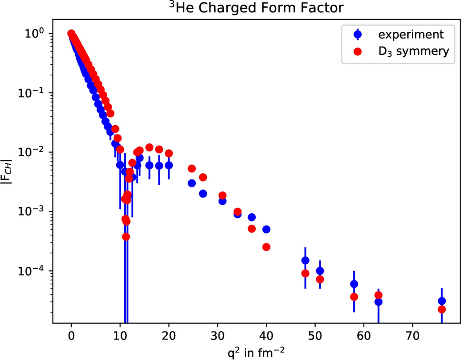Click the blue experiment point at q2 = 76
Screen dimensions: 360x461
click(441, 301)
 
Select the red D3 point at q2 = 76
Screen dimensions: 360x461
click(441, 310)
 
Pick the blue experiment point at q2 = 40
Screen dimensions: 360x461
click(266, 230)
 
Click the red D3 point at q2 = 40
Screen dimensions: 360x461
click(266, 247)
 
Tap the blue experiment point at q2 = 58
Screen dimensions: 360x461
click(354, 284)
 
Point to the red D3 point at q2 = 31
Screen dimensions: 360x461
click(222, 195)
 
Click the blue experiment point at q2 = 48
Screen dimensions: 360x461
click(305, 260)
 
